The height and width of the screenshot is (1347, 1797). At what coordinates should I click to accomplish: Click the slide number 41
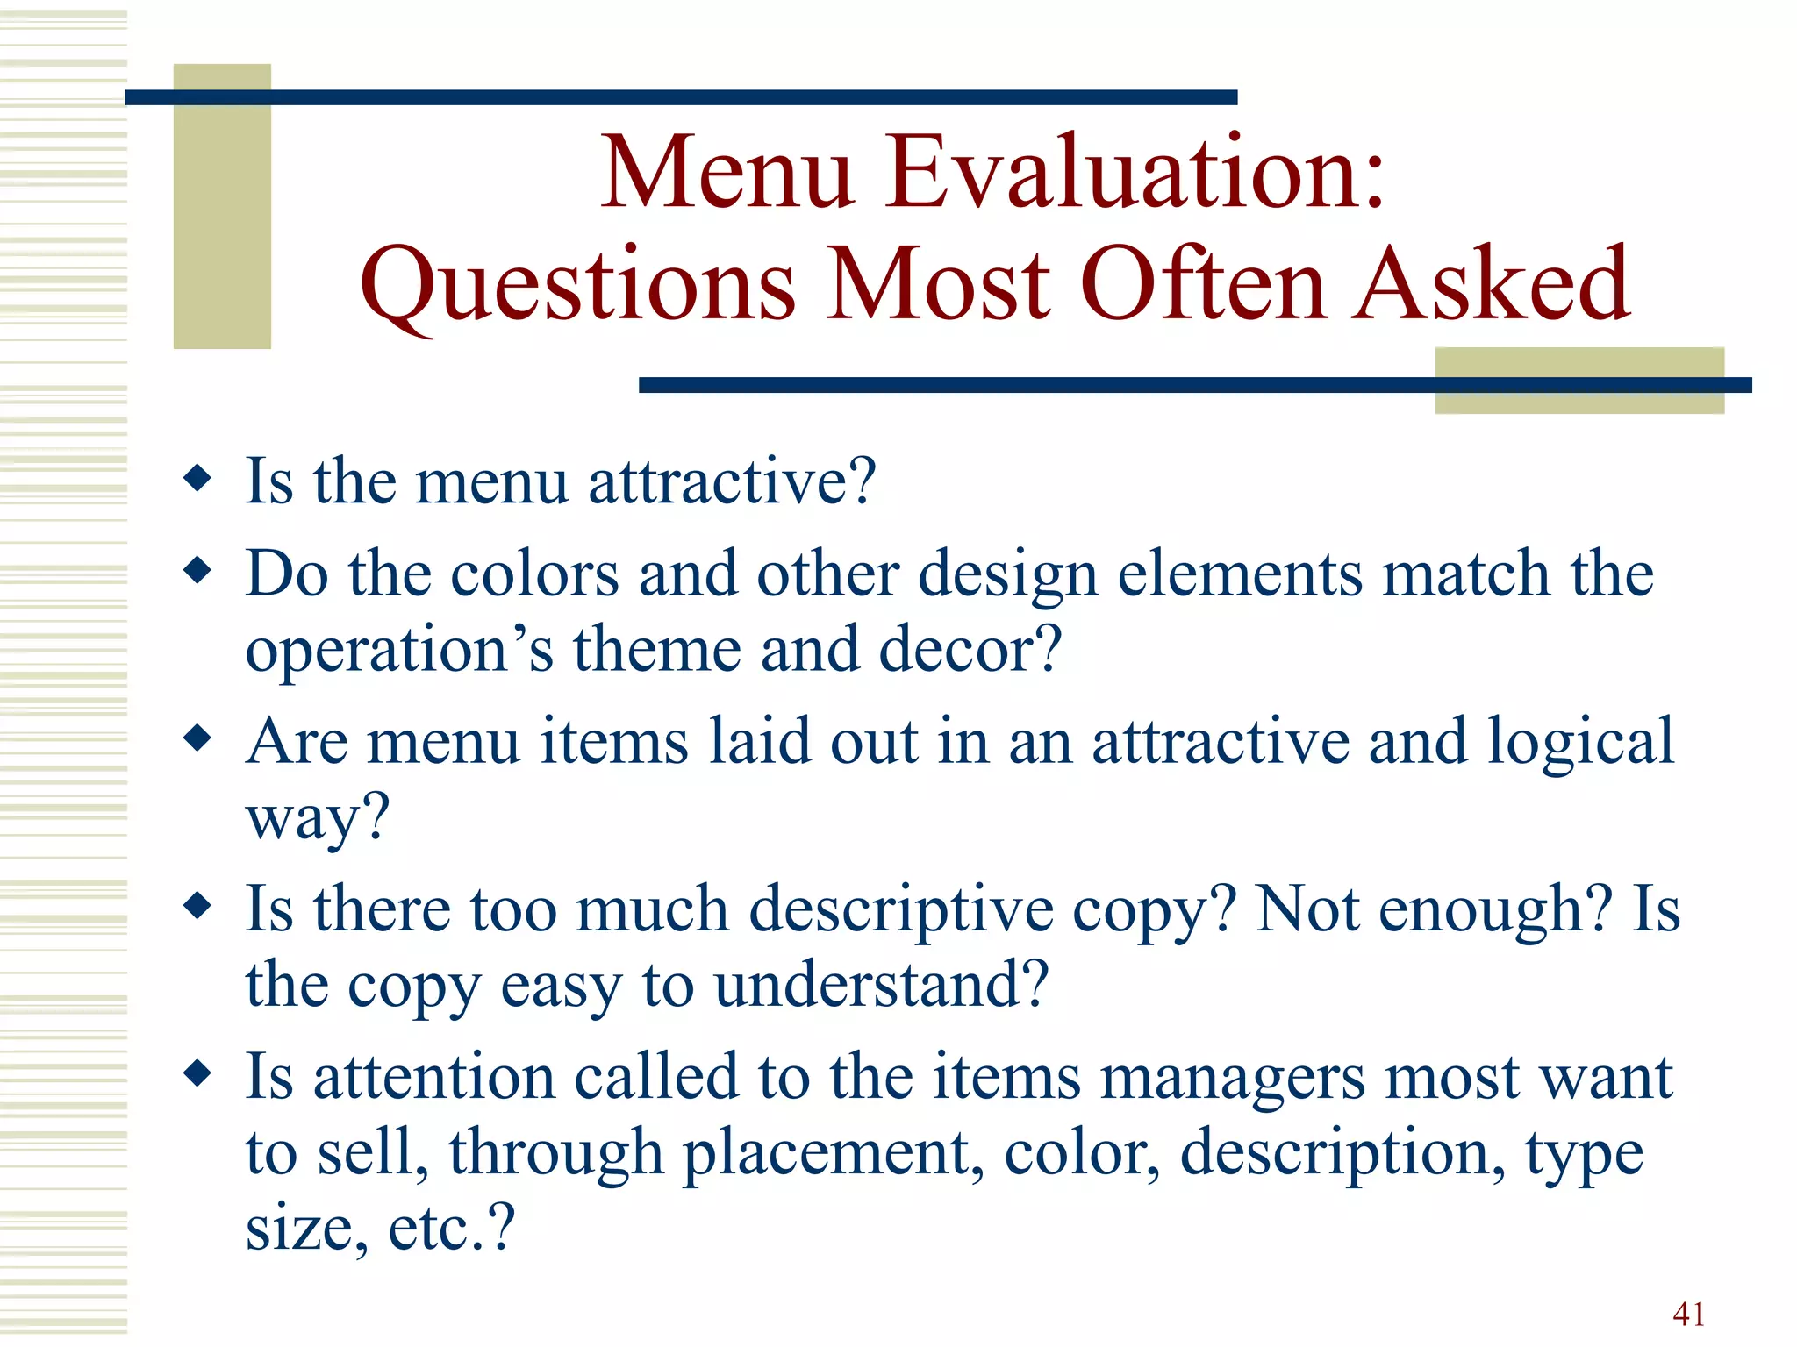pyautogui.click(x=1689, y=1314)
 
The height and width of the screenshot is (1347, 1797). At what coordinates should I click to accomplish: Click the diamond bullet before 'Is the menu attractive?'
pyautogui.click(x=198, y=479)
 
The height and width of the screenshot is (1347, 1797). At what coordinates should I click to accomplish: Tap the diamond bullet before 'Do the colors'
pyautogui.click(x=198, y=571)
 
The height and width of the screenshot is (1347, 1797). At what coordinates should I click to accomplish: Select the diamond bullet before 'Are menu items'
pyautogui.click(x=198, y=738)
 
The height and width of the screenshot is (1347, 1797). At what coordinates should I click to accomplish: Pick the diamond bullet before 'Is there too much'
pyautogui.click(x=198, y=906)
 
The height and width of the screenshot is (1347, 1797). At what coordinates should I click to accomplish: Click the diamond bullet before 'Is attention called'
pyautogui.click(x=198, y=1073)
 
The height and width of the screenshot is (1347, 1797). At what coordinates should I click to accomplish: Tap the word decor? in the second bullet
pyautogui.click(x=970, y=649)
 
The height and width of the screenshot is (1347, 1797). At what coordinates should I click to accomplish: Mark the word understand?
pyautogui.click(x=882, y=984)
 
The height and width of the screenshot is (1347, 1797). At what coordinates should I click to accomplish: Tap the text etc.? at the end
pyautogui.click(x=451, y=1228)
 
